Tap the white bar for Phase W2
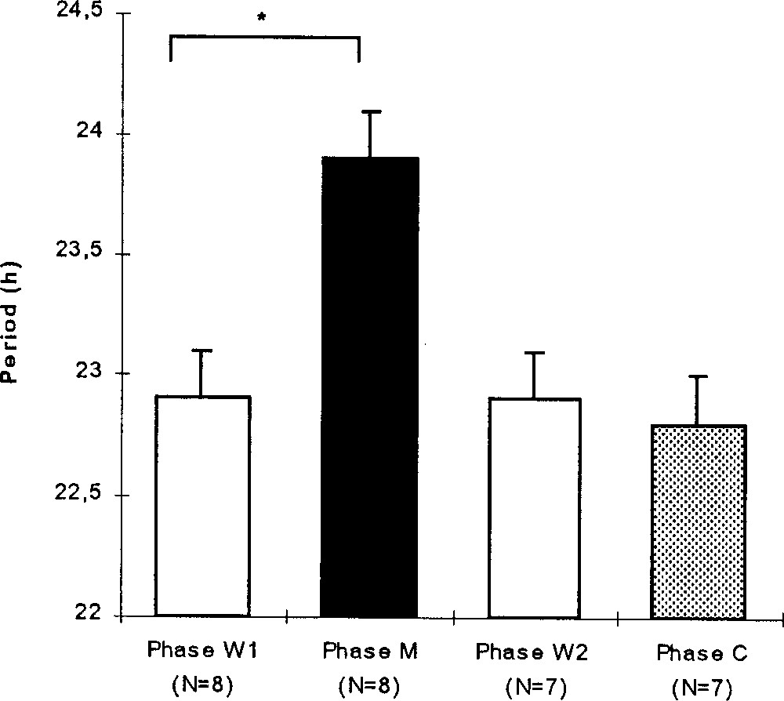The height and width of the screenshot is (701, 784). point(535,507)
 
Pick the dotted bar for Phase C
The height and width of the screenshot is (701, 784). point(696,521)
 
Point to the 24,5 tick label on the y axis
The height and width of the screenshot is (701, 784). point(82,13)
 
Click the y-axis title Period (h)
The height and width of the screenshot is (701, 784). point(13,332)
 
